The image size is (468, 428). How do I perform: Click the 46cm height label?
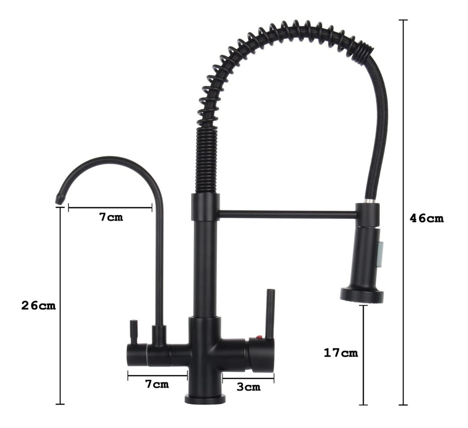coord(427,218)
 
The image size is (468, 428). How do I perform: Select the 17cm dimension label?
coord(341,353)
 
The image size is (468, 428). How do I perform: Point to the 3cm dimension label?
coord(248,387)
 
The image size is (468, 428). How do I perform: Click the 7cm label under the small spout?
coord(111,217)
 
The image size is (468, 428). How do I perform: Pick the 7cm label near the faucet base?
coord(157,384)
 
